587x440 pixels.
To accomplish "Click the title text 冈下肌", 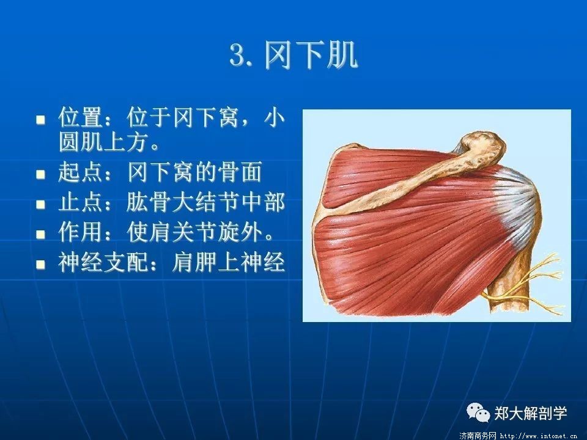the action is click(311, 56).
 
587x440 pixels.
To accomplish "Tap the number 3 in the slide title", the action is click(237, 56).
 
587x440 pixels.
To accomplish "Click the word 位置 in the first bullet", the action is click(81, 117).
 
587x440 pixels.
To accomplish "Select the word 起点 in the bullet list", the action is click(81, 172).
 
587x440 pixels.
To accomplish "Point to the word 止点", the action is click(81, 202).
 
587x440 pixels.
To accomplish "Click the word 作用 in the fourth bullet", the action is click(81, 232).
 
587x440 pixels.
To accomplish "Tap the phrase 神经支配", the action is click(103, 262).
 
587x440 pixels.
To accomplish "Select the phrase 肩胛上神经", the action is click(228, 262).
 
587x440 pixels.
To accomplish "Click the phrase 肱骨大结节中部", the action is click(206, 202).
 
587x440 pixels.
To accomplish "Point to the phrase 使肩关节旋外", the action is click(195, 232).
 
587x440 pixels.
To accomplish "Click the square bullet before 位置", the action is click(40, 120).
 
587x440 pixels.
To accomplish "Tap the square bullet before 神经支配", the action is click(40, 264).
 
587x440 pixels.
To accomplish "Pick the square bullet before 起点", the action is click(40, 175).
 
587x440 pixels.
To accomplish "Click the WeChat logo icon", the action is click(478, 413).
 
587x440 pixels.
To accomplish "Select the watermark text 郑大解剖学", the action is click(531, 413).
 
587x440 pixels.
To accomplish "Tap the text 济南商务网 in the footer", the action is click(478, 436).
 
